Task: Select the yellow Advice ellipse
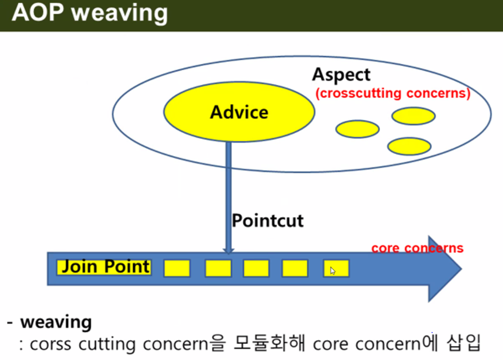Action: [x=239, y=112]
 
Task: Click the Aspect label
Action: [x=341, y=75]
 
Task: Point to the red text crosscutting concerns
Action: [x=393, y=93]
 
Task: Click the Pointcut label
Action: [x=267, y=220]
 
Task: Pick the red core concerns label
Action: [x=417, y=248]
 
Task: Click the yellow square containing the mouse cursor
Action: [x=336, y=268]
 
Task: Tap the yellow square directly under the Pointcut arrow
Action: [x=218, y=268]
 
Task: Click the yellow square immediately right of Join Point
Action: [x=177, y=268]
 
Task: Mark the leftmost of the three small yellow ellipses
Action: [x=357, y=129]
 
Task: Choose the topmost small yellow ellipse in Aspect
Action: [x=413, y=115]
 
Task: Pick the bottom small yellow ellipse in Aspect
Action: [x=409, y=146]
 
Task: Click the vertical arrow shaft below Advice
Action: [x=228, y=193]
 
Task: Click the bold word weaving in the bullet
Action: [x=56, y=322]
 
